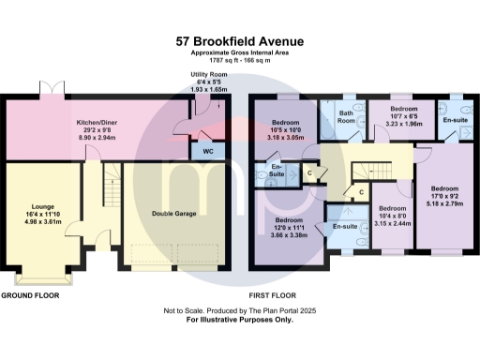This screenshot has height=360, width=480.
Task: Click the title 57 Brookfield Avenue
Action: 240,41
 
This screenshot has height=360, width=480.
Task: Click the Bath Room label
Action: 346,117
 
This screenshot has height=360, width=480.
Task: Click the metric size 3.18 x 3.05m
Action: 287,138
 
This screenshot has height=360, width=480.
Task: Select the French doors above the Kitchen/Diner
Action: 52,87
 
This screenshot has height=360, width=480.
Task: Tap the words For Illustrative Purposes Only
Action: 240,320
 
